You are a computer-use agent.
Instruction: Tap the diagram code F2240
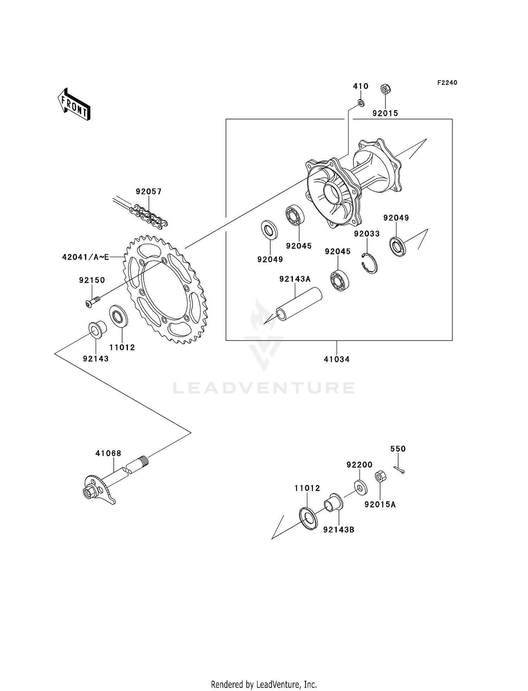(x=447, y=83)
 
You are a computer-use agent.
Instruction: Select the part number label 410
(x=360, y=86)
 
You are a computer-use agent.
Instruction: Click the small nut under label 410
(x=360, y=102)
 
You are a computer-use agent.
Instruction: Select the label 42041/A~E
(x=85, y=257)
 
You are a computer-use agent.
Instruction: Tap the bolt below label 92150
(x=92, y=302)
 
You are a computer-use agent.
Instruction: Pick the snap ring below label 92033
(x=370, y=263)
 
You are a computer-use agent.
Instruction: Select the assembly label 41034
(x=337, y=360)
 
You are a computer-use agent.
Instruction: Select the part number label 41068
(x=108, y=453)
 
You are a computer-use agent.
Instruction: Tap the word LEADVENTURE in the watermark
(x=264, y=388)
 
